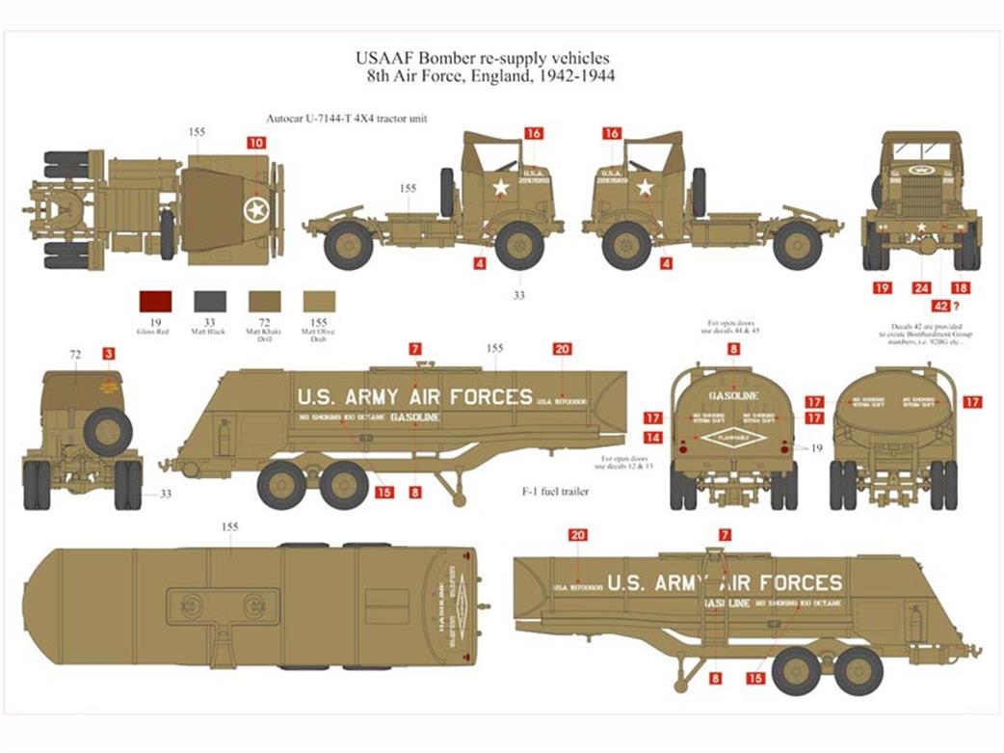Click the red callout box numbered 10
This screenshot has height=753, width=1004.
(x=255, y=142)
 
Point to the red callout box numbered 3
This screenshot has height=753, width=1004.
(x=109, y=354)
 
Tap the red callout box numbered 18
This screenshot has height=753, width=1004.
(x=960, y=287)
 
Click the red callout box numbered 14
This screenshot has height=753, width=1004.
(x=653, y=437)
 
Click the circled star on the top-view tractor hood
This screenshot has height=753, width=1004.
(x=256, y=208)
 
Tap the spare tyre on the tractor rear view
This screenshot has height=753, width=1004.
(x=107, y=432)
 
